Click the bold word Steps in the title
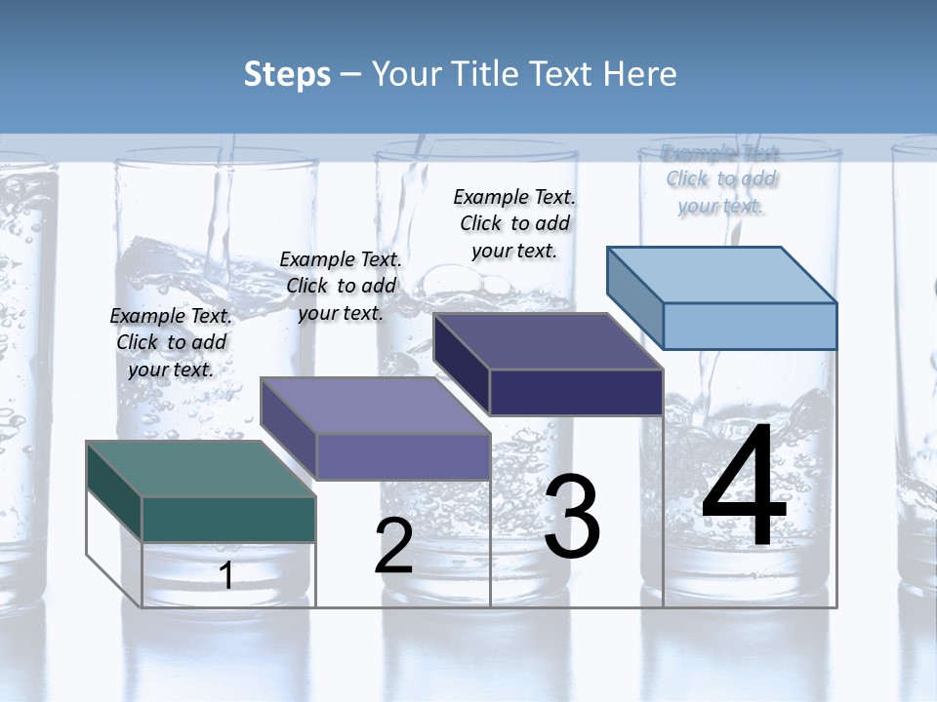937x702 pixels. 287,74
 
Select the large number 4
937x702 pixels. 744,487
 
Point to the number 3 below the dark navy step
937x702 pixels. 572,517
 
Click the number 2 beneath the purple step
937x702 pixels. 394,546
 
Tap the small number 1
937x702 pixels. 226,575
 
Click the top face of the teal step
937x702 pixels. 200,469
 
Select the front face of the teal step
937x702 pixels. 228,519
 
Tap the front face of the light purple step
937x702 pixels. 403,456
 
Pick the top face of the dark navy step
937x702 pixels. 548,341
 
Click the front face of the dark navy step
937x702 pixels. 576,392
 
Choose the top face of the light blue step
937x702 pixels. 721,275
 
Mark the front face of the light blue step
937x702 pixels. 750,326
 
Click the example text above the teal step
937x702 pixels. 171,343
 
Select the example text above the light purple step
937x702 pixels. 341,287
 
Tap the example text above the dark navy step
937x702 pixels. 514,223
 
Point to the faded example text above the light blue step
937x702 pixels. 721,179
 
